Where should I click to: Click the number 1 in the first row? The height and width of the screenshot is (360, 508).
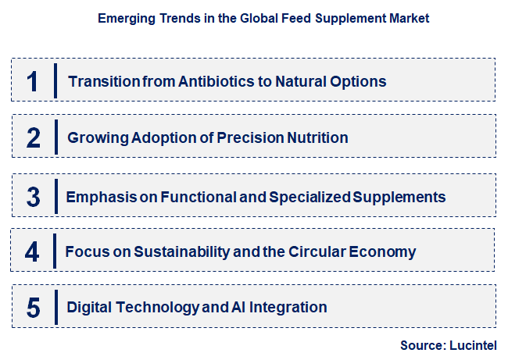tap(32, 81)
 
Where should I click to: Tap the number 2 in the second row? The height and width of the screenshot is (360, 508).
tap(33, 138)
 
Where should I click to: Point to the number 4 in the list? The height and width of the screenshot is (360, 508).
tap(32, 252)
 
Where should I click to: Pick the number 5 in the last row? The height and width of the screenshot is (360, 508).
tap(33, 308)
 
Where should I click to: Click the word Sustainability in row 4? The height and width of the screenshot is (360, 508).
tap(175, 252)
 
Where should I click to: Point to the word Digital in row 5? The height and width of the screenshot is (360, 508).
tap(88, 308)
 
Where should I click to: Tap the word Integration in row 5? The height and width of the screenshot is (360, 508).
tap(289, 308)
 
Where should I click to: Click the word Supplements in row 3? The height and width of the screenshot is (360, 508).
tap(400, 197)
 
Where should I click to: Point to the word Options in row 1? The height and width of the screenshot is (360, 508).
tap(358, 81)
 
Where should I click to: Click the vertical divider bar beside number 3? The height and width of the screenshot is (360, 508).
tap(55, 196)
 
